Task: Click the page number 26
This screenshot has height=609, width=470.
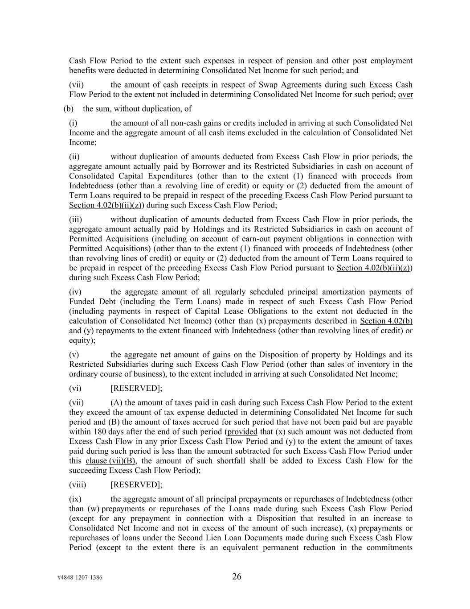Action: [237, 576]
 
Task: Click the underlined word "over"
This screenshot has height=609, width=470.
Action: [405, 94]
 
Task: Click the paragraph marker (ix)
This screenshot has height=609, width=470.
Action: [75, 499]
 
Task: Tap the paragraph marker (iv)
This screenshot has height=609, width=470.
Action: [75, 292]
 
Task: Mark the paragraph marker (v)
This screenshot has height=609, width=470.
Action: [74, 355]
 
